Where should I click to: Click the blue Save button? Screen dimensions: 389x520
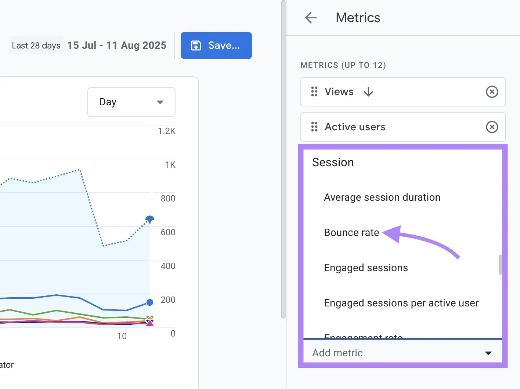click(216, 46)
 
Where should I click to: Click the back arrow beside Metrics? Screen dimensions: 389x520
click(311, 18)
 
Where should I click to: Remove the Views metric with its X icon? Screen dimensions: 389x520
click(492, 92)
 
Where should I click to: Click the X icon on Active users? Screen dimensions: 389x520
click(492, 127)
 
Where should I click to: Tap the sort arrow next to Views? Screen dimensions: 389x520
click(368, 92)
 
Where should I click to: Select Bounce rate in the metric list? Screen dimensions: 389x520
click(351, 233)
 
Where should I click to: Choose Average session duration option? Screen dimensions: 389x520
click(382, 197)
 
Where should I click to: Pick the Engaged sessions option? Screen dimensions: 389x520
click(366, 268)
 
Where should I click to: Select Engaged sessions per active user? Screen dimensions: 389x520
click(401, 303)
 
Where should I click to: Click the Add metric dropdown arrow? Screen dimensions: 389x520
click(488, 353)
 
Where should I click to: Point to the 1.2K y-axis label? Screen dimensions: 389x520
click(167, 131)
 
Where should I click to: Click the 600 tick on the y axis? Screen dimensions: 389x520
click(168, 232)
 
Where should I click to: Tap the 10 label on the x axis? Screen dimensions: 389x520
click(122, 336)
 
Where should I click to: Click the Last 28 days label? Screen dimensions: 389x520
click(36, 46)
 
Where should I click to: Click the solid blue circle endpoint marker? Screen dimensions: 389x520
click(150, 302)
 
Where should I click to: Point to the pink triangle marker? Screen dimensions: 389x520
click(149, 323)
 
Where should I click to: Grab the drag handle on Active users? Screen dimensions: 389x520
click(314, 127)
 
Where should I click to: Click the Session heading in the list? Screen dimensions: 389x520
click(333, 162)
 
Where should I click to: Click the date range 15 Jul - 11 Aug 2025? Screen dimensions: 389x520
click(117, 46)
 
